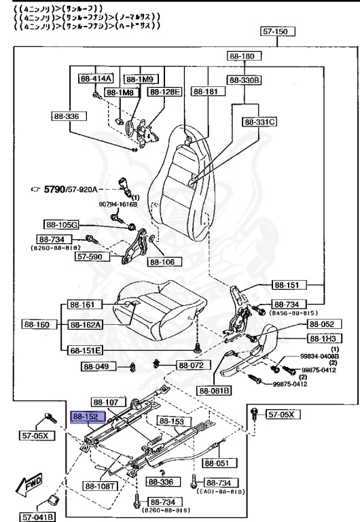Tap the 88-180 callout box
coord(242,56)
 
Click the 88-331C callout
coord(259,122)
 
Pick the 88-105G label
coord(61,224)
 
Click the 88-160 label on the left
coord(36,325)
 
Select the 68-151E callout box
coord(84,350)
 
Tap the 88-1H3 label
coord(325,338)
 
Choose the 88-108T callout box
coord(99,486)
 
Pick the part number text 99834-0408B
coord(320,356)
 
